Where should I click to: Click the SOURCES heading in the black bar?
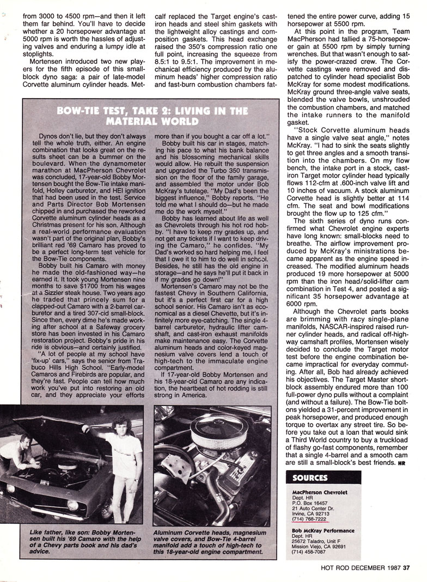click(310, 478)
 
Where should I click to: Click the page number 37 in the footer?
click(406, 567)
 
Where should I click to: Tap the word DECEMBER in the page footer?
click(363, 567)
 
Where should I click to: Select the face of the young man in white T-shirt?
click(120, 427)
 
